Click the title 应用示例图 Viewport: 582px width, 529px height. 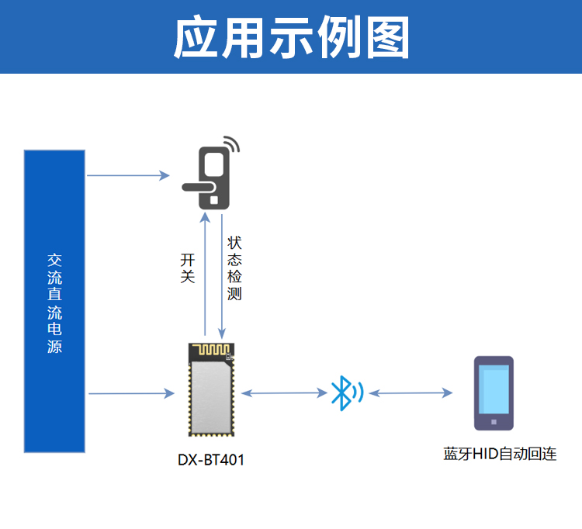coord(291,37)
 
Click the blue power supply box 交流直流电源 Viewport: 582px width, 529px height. coord(54,301)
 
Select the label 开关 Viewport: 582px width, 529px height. coord(187,268)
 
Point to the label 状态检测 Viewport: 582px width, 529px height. coord(234,268)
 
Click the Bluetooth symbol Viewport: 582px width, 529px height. coord(342,393)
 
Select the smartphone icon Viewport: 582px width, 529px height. coord(494,393)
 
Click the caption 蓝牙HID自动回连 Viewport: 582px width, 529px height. coord(500,455)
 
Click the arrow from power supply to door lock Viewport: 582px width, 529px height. coord(128,175)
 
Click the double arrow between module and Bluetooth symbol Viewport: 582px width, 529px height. coord(284,393)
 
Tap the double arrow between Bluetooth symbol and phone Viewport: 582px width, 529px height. coord(411,393)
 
